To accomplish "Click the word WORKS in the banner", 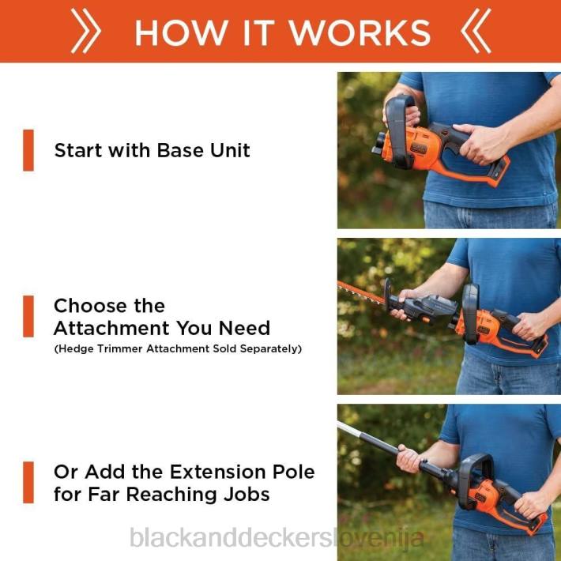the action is point(360,32).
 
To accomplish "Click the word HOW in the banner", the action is point(182,32).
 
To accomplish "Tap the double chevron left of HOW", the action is point(86,31).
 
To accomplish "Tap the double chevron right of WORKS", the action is point(476,31).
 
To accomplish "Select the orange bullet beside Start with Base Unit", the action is point(28,150).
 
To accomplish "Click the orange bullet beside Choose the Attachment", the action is point(28,316).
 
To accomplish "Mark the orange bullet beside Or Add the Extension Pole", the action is point(28,482).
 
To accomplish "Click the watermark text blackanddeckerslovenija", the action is point(277,538).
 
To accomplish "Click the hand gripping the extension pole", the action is point(409,458).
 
